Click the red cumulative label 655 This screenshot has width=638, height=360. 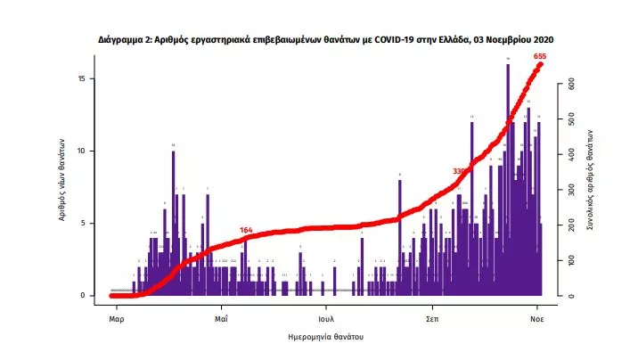click(539, 56)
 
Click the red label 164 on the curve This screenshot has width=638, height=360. click(247, 230)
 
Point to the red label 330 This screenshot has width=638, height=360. click(460, 171)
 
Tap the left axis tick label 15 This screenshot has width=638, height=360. click(81, 78)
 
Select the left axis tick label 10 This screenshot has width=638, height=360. click(81, 151)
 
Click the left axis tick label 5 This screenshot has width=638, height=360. click(83, 223)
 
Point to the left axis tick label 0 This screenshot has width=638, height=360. click(83, 295)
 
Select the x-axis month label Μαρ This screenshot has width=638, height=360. click(115, 317)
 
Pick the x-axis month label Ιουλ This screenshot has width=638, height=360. click(326, 317)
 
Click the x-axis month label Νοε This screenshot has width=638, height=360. click(538, 317)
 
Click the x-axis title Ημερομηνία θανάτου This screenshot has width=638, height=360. click(326, 339)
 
